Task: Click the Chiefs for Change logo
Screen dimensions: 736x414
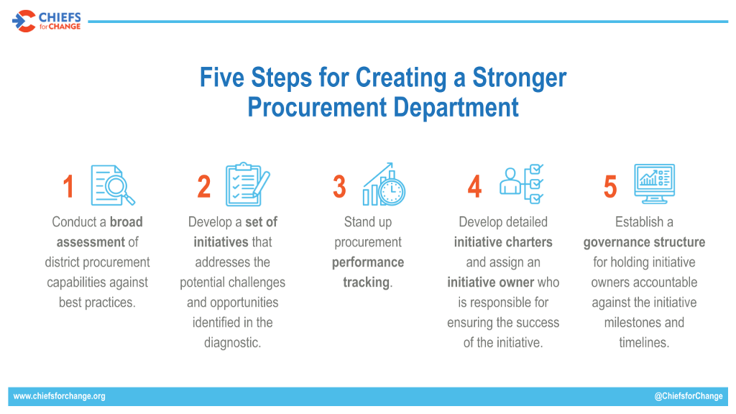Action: (x=47, y=21)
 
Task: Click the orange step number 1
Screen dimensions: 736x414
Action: (x=68, y=186)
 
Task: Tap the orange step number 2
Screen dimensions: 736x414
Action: (x=203, y=186)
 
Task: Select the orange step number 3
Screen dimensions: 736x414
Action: (x=339, y=186)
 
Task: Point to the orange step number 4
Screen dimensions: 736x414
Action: (x=474, y=186)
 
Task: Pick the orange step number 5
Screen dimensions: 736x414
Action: (x=610, y=186)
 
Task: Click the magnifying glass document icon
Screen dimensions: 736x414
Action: (x=113, y=185)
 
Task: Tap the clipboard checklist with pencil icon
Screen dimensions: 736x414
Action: (x=248, y=184)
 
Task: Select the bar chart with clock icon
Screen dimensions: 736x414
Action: (x=384, y=184)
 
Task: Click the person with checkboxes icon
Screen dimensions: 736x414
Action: (x=522, y=184)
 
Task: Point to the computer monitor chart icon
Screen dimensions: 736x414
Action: (x=654, y=183)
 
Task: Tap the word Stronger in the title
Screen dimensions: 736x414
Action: (x=519, y=78)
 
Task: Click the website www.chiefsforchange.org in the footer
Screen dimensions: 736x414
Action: (x=59, y=396)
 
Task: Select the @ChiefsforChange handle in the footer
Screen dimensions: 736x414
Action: (x=689, y=396)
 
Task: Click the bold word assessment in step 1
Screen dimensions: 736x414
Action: (x=91, y=242)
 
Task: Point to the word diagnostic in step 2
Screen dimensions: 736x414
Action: (x=232, y=343)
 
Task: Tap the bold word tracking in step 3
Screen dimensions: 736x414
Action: (x=366, y=282)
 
